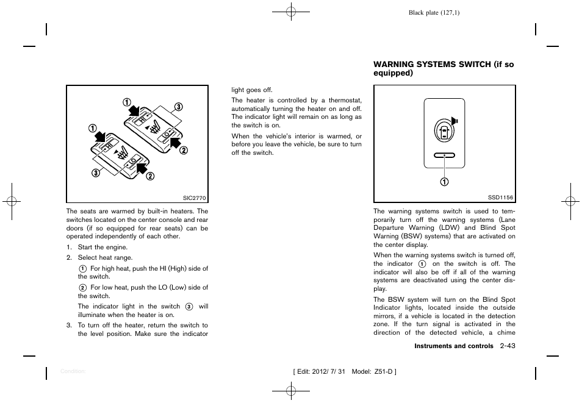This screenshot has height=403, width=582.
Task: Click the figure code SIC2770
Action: pos(195,197)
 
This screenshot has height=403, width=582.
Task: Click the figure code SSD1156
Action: pos(501,197)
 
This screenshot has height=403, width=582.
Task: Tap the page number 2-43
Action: pos(507,346)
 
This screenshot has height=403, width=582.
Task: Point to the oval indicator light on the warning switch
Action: pos(445,155)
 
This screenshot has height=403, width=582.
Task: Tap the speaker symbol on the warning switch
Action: pos(455,119)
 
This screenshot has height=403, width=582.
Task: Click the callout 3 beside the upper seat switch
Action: pos(179,107)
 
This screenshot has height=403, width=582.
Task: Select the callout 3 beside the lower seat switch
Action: pos(95,173)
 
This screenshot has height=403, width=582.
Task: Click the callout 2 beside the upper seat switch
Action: pos(183,151)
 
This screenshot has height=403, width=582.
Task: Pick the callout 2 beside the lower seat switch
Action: pos(149,177)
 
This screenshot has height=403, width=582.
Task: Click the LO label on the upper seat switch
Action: pos(167,137)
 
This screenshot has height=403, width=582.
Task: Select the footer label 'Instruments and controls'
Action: pos(454,346)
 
